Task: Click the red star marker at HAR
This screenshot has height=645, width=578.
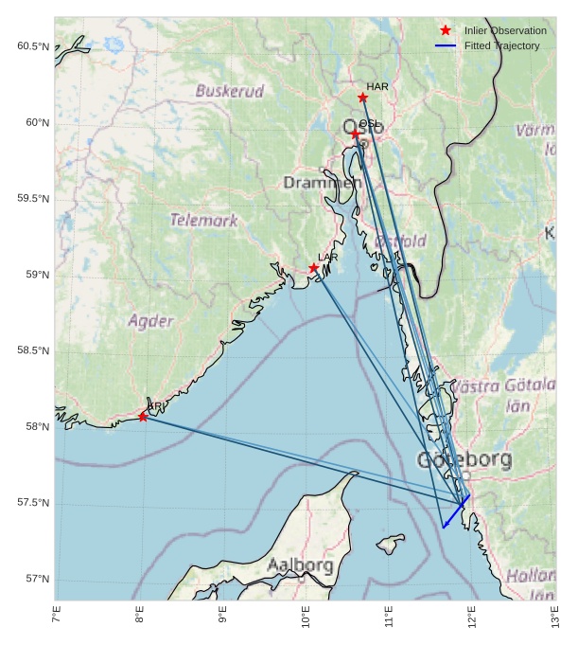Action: point(362,98)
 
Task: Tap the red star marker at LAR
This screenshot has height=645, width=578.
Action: point(313,268)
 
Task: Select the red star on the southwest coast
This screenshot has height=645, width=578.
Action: point(143,417)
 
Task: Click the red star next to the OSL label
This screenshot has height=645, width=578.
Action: point(356,134)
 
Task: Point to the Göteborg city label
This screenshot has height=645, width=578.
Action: point(464,460)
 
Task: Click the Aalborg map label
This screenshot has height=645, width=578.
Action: point(300,565)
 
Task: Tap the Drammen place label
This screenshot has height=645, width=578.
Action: point(322,182)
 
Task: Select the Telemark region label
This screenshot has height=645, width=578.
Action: point(203,220)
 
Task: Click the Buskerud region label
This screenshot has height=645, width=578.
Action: point(229,91)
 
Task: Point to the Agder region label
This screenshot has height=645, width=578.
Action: point(150,320)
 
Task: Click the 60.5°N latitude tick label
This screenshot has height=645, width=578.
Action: point(33,46)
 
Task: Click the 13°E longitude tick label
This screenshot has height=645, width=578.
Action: point(555,620)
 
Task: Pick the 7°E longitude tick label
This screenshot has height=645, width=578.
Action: point(56,620)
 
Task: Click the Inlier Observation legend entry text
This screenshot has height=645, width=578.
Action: point(505,30)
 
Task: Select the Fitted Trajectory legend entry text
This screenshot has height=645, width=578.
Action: point(501,45)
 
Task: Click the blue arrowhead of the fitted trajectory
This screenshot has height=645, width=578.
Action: point(444,527)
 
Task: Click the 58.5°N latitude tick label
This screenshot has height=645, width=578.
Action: point(33,350)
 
